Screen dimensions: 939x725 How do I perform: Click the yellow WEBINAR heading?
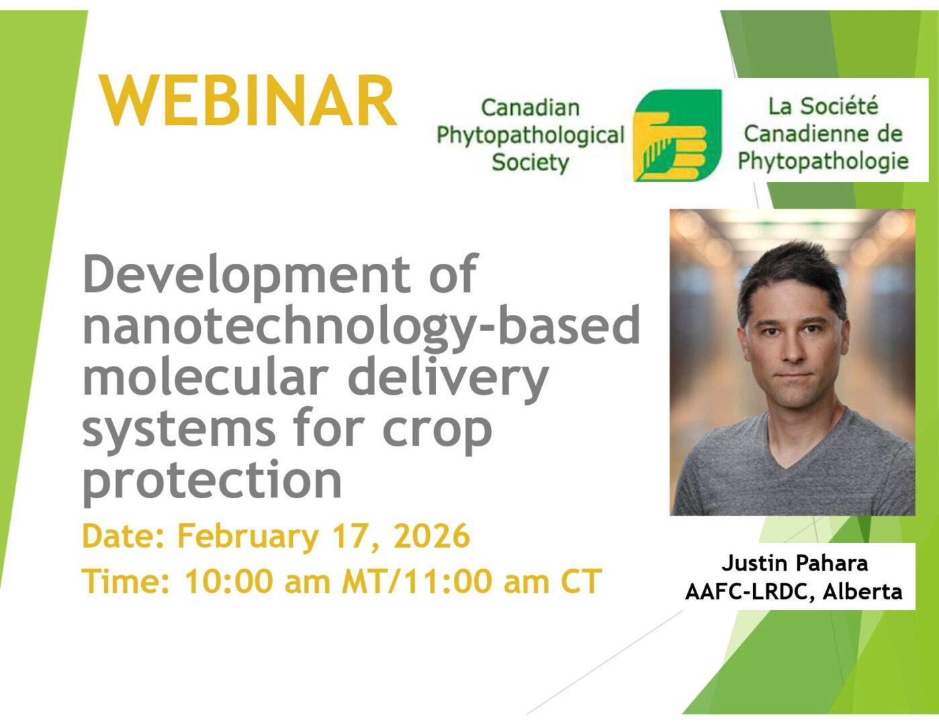pyautogui.click(x=248, y=101)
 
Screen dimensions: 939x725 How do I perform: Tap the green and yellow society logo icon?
pyautogui.click(x=677, y=135)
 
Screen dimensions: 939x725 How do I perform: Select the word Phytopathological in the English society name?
pyautogui.click(x=530, y=136)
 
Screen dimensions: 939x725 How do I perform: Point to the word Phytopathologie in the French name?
pyautogui.click(x=823, y=162)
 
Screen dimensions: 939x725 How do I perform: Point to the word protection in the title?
pyautogui.click(x=212, y=479)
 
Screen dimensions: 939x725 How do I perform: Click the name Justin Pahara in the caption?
pyautogui.click(x=795, y=563)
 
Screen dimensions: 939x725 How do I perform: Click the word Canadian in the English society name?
pyautogui.click(x=530, y=108)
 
